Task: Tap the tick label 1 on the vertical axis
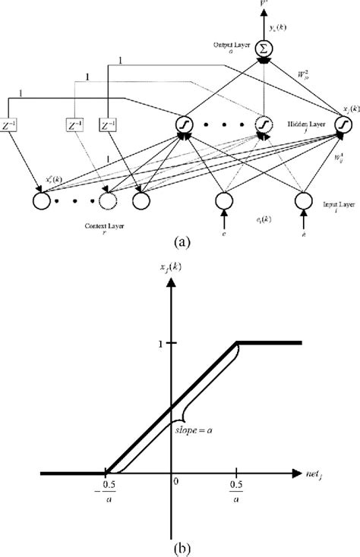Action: [x=162, y=343]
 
